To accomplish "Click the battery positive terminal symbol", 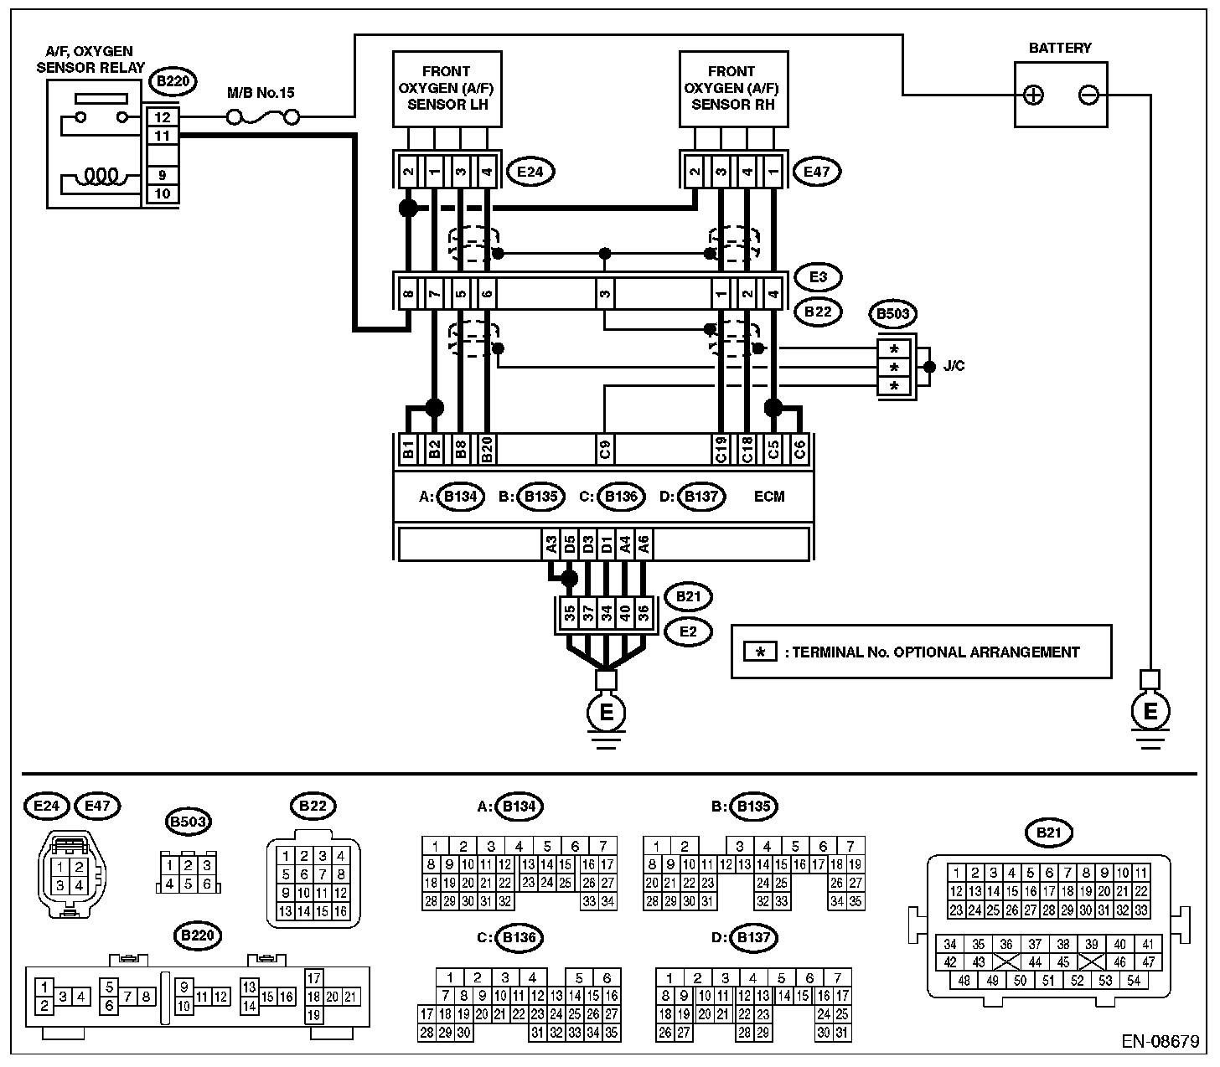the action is (1033, 95).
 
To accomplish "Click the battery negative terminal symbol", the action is (1088, 95).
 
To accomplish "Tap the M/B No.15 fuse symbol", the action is (263, 117).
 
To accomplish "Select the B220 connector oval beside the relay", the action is (173, 81).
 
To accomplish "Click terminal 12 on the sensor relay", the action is (163, 117).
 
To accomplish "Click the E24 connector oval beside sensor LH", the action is (530, 172).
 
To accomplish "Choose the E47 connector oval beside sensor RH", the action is (817, 172).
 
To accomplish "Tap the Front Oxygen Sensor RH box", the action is (733, 89).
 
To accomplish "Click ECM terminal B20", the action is (487, 449).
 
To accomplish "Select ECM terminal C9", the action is (605, 449).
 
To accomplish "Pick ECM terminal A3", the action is (551, 544).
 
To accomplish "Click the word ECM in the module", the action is (769, 497).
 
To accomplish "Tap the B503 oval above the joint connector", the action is (892, 313).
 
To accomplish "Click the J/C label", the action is (954, 366).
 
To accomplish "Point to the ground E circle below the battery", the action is (1150, 711).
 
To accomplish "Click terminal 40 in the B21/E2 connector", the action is (624, 613).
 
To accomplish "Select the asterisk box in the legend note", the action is (760, 652).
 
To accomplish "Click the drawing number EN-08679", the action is (1161, 1041).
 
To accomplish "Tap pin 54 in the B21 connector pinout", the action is (1134, 981).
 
